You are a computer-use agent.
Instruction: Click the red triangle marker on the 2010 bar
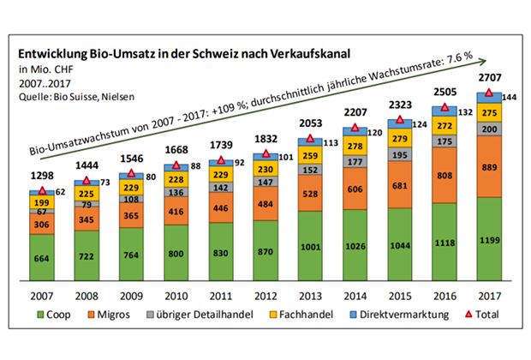point(176,165)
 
